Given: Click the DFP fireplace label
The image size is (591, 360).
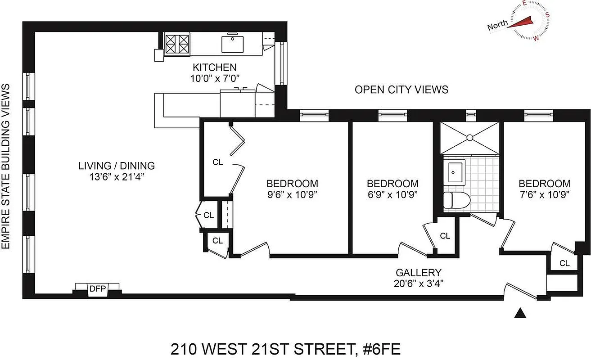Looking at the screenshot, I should [97, 289].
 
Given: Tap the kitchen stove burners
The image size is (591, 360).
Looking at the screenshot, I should [177, 45].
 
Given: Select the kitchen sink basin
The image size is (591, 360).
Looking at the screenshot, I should [233, 44].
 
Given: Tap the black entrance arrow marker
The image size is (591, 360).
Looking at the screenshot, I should [521, 313].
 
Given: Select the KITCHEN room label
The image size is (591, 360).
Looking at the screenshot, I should [214, 67].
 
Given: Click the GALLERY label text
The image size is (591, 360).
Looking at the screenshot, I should [418, 272].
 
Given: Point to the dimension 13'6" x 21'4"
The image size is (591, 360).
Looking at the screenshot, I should [117, 176].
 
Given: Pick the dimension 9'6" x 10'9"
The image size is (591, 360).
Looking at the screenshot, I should [292, 194].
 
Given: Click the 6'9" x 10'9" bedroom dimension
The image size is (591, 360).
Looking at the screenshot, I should [392, 194].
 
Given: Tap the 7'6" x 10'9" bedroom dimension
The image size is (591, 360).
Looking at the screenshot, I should [544, 194].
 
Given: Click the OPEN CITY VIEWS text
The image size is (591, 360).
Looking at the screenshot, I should [401, 90].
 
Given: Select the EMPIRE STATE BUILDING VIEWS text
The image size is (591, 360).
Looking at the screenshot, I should [6, 166].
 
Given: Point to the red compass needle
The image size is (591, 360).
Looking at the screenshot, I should [520, 22].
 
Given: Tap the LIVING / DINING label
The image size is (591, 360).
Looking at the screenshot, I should [117, 166].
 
